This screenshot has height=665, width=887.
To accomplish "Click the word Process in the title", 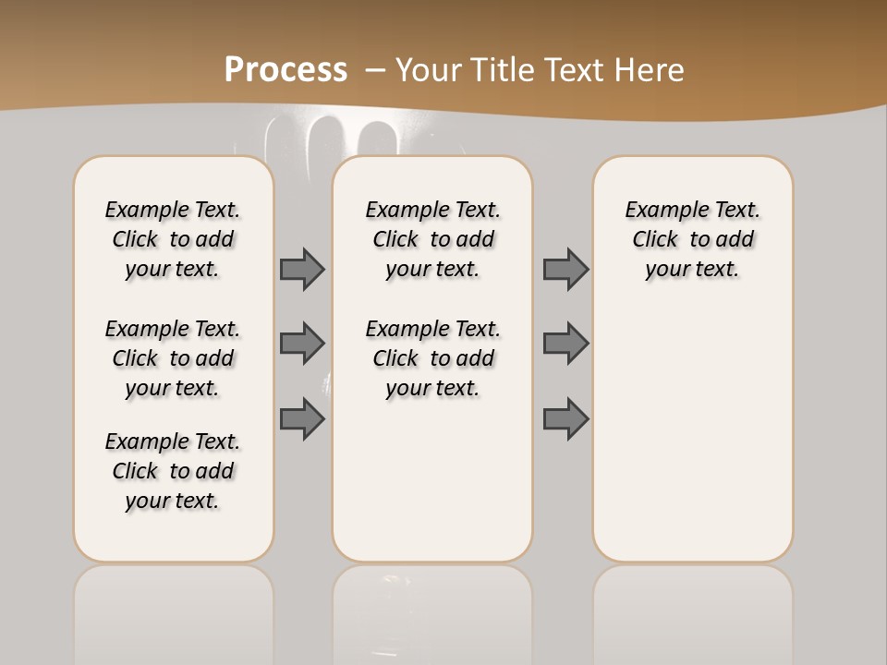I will coord(286,70).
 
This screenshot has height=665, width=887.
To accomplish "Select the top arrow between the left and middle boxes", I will coord(302,269).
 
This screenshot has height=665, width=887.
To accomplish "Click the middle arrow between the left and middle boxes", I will coord(302,344).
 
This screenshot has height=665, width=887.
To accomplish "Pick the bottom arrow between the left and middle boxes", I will coord(302,418).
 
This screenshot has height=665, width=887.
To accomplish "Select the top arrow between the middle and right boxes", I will coord(565,269).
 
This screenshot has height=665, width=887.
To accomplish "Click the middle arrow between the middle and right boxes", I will coord(565,344).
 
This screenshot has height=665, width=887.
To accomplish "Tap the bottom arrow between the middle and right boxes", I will coord(565,418).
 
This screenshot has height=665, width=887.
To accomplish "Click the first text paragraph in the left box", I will coord(173,239).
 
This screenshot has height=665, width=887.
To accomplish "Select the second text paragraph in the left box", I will coord(173,358).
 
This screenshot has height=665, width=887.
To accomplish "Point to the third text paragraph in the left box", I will coord(173,471).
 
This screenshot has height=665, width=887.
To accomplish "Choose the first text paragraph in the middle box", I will coord(432,239).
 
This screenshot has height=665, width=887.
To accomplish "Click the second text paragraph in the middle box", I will coord(432,358).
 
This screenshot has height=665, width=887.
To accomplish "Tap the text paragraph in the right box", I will coord(692,239).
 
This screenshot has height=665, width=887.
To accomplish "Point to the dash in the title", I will coord(375,70).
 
